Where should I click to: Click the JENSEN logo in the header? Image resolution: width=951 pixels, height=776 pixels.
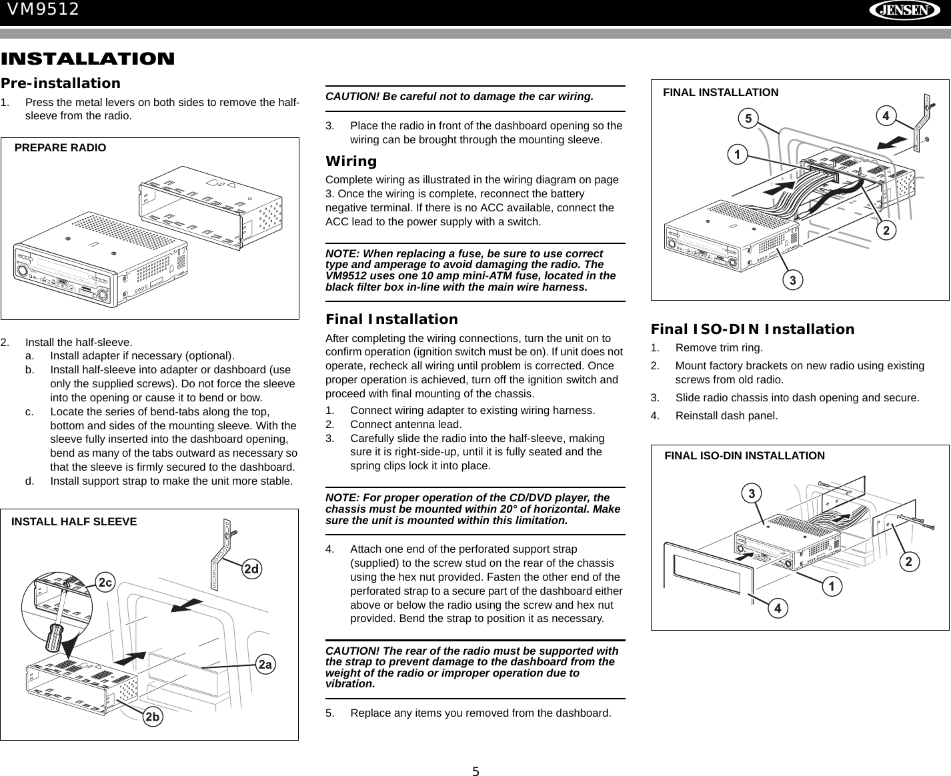pyautogui.click(x=904, y=11)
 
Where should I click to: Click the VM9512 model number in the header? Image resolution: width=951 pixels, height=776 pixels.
pyautogui.click(x=43, y=9)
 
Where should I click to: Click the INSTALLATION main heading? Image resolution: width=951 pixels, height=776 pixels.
pyautogui.click(x=87, y=59)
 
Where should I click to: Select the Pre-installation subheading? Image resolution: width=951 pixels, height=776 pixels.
pyautogui.click(x=61, y=83)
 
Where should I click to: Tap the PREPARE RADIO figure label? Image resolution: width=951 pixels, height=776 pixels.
pyautogui.click(x=60, y=148)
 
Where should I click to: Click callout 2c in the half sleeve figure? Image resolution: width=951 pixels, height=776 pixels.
pyautogui.click(x=105, y=583)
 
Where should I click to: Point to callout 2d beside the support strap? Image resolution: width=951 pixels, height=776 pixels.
pyautogui.click(x=251, y=569)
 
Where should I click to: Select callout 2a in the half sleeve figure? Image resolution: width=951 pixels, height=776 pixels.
pyautogui.click(x=265, y=664)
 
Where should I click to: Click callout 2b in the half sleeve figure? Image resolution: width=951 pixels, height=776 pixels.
pyautogui.click(x=153, y=717)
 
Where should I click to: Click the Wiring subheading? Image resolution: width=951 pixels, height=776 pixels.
pyautogui.click(x=351, y=161)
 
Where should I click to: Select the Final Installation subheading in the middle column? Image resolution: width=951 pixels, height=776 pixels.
pyautogui.click(x=391, y=319)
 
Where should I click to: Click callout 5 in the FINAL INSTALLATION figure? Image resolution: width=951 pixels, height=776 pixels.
pyautogui.click(x=748, y=119)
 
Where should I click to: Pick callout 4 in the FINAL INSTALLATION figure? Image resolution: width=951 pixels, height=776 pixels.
pyautogui.click(x=886, y=116)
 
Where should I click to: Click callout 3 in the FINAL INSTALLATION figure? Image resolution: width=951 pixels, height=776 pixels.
pyautogui.click(x=792, y=280)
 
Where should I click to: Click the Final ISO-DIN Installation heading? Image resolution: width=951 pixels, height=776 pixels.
pyautogui.click(x=752, y=329)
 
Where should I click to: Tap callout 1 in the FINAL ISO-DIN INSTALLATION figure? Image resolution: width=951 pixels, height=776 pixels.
pyautogui.click(x=831, y=587)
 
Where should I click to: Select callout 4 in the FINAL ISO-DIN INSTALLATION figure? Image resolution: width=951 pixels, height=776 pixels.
pyautogui.click(x=777, y=608)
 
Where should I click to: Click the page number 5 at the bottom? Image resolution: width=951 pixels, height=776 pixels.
pyautogui.click(x=475, y=772)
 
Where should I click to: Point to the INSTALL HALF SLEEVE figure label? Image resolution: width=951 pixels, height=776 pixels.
pyautogui.click(x=74, y=522)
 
